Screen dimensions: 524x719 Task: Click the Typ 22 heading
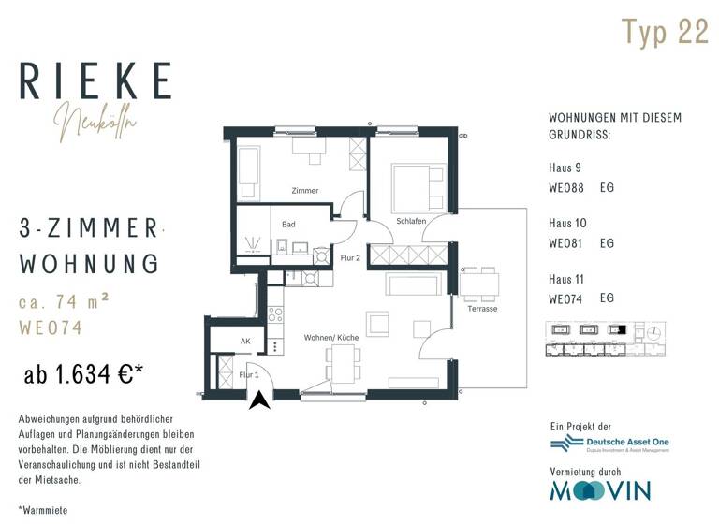click(666, 32)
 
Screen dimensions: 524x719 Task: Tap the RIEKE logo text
click(95, 81)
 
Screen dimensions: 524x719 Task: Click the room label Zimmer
click(305, 191)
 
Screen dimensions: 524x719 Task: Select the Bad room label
click(288, 225)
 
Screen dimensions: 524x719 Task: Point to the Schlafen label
click(411, 221)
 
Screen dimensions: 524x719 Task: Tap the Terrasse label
click(482, 309)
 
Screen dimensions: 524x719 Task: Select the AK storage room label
click(245, 342)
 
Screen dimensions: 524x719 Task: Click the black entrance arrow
click(261, 400)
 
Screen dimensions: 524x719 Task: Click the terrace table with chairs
click(478, 284)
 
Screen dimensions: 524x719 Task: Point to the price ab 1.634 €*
click(83, 376)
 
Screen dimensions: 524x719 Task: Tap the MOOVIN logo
click(599, 489)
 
